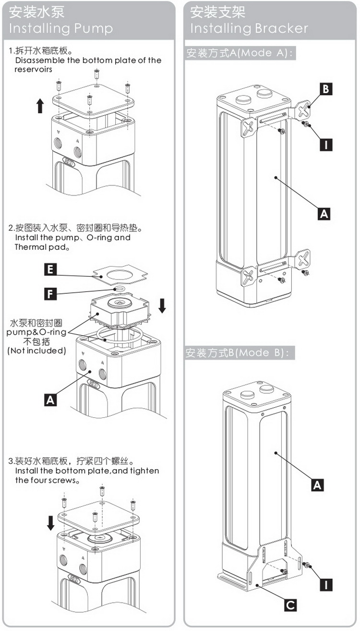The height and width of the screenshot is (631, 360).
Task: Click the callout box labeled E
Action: [x=49, y=269]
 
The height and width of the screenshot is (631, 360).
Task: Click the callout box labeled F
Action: [x=49, y=293]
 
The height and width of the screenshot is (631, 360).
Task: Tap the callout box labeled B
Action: [x=326, y=88]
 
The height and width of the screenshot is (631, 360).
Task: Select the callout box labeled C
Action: [x=290, y=605]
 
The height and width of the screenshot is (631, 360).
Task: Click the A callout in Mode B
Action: [x=317, y=485]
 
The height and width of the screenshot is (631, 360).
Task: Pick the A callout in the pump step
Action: [x=50, y=399]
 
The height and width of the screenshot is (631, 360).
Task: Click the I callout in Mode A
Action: [x=326, y=144]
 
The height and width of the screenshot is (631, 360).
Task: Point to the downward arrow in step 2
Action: [x=162, y=305]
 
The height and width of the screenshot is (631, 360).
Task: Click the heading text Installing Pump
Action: [x=60, y=28]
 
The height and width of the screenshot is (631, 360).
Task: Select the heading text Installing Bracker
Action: [x=249, y=28]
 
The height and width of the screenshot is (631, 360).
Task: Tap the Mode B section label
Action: [x=238, y=353]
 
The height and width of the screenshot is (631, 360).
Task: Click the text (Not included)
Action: [x=36, y=351]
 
